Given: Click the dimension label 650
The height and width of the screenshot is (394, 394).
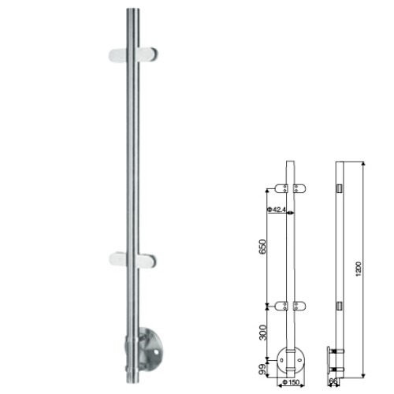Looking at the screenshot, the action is click(262, 247).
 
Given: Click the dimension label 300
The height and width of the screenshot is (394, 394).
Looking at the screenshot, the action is click(262, 333).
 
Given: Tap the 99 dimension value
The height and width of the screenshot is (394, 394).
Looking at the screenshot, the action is click(262, 370).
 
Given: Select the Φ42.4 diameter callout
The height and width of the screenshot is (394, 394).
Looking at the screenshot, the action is click(276, 210).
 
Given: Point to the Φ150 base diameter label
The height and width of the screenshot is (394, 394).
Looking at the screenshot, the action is click(291, 382).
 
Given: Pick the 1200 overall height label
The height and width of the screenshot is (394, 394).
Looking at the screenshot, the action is click(359, 269).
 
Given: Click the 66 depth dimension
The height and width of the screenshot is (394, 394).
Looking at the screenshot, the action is click(333, 381).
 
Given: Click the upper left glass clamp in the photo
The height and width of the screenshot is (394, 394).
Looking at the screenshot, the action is click(118, 55).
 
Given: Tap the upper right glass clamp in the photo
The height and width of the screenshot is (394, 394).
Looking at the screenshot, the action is click(147, 54).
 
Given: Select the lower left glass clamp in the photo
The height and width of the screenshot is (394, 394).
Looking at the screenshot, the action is click(118, 259).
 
